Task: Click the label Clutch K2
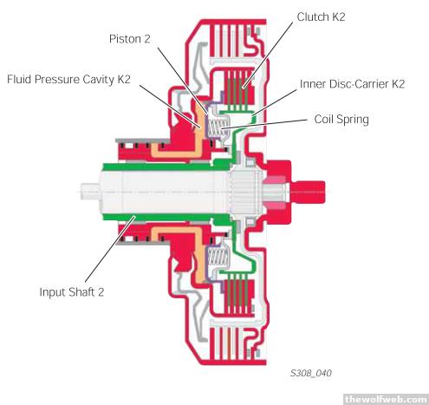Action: click(321, 16)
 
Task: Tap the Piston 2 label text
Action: click(130, 39)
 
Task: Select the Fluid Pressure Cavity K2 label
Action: click(68, 79)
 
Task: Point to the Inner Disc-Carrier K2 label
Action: click(352, 84)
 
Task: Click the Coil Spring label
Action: click(341, 119)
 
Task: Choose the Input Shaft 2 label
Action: click(72, 291)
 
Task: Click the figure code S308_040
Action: click(311, 373)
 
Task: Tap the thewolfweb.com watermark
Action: click(386, 399)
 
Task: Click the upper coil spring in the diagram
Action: click(218, 128)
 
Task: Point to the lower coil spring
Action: click(218, 257)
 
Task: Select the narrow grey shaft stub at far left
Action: click(89, 192)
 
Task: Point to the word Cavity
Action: click(98, 80)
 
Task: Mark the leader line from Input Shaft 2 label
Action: click(110, 248)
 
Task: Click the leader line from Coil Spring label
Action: click(263, 123)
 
